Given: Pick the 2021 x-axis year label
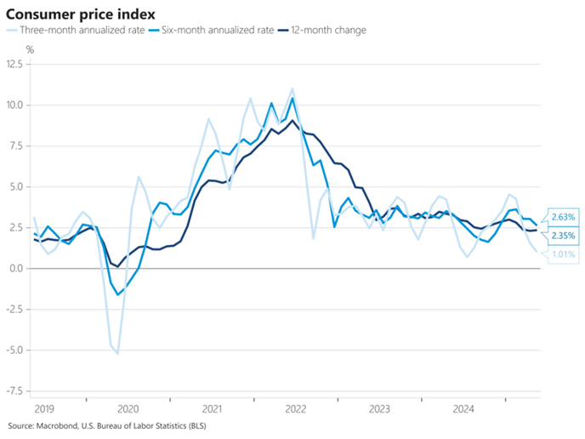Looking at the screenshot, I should click(x=213, y=408).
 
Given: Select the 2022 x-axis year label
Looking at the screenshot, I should click(x=296, y=408).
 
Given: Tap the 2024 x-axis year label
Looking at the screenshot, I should click(x=464, y=408).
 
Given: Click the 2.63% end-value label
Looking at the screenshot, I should click(x=563, y=217).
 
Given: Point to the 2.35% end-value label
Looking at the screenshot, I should click(x=563, y=236).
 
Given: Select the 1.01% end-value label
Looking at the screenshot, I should click(x=563, y=254).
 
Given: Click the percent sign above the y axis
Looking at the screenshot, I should click(x=31, y=50).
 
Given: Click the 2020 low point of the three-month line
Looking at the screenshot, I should click(x=117, y=352).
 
